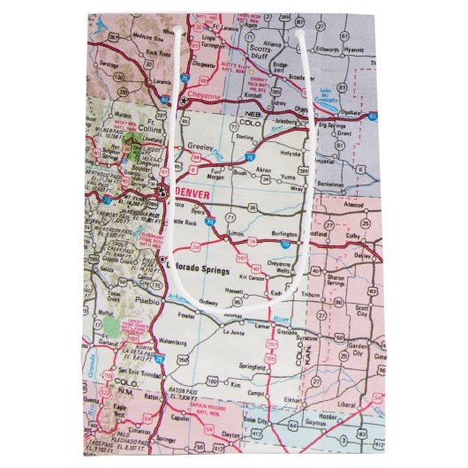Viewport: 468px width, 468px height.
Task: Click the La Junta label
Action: pyautogui.click(x=232, y=333)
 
